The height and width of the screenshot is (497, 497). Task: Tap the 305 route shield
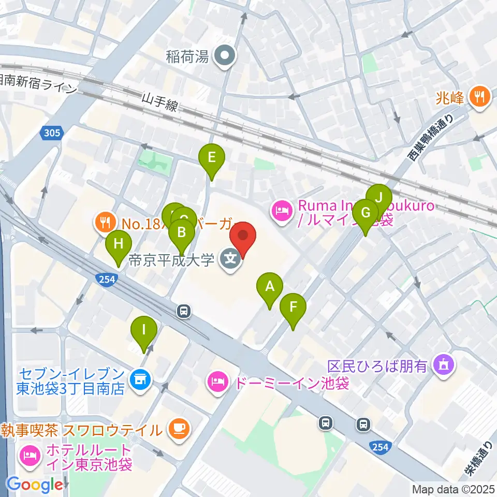[x=52, y=134]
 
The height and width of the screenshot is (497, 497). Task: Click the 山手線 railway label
[x=160, y=101]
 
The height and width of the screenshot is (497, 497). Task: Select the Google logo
[x=34, y=485]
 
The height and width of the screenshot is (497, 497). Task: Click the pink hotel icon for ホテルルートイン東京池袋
[x=29, y=456]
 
